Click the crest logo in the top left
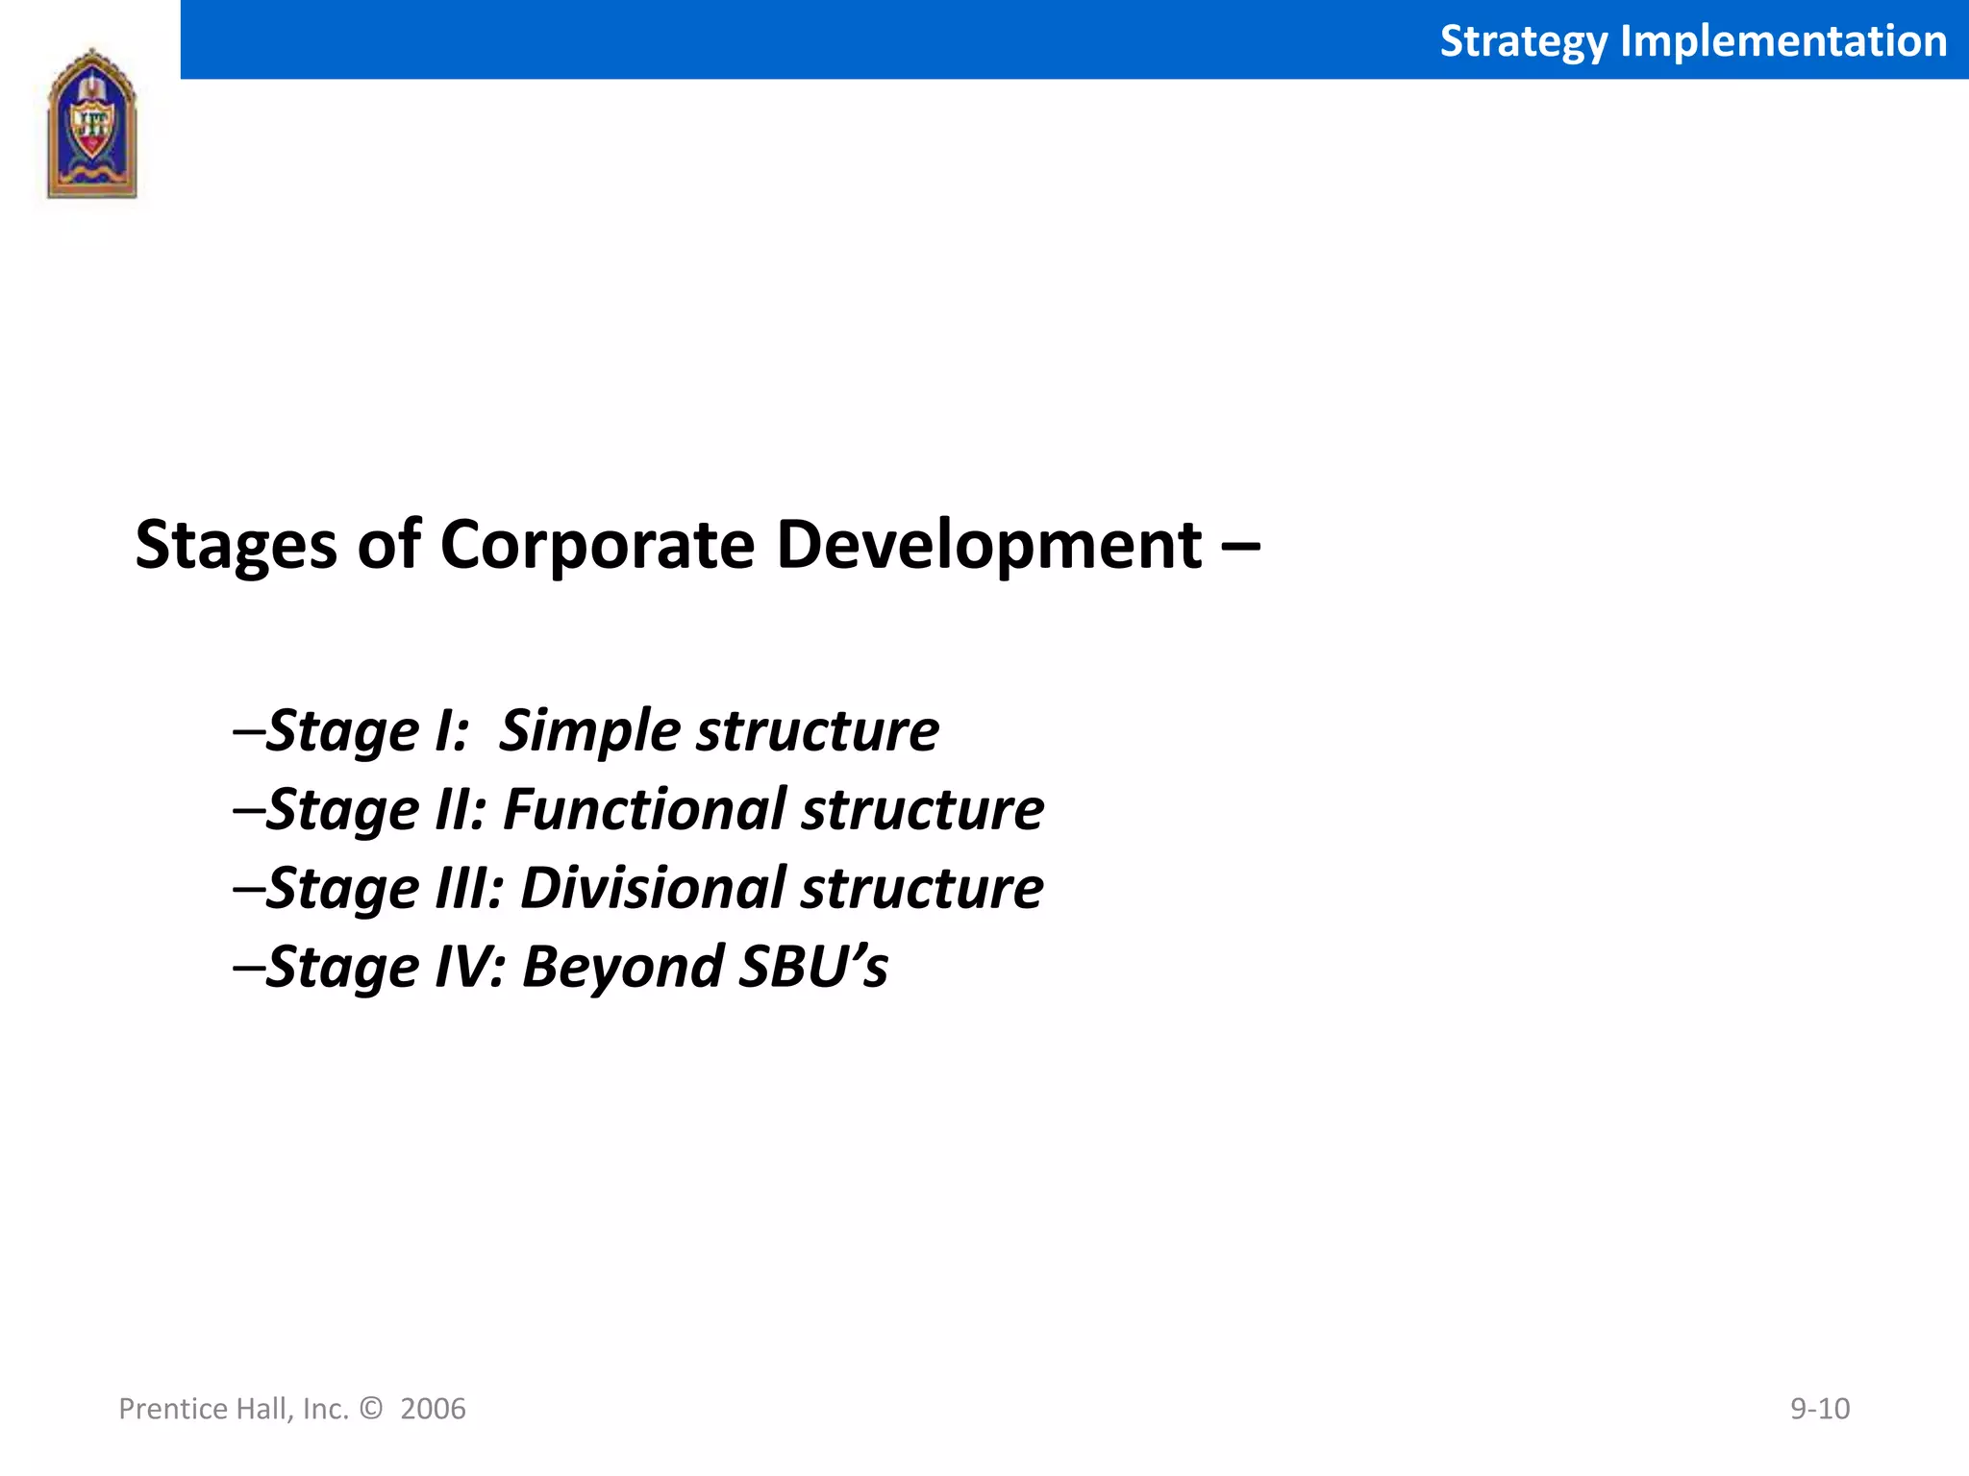point(92,124)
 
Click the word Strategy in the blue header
point(1523,41)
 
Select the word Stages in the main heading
point(237,546)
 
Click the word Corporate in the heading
point(597,546)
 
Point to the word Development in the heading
point(988,546)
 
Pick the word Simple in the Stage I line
point(590,731)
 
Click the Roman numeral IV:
point(470,967)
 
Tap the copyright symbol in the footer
point(370,1409)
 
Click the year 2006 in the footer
point(433,1409)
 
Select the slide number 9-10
point(1819,1409)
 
